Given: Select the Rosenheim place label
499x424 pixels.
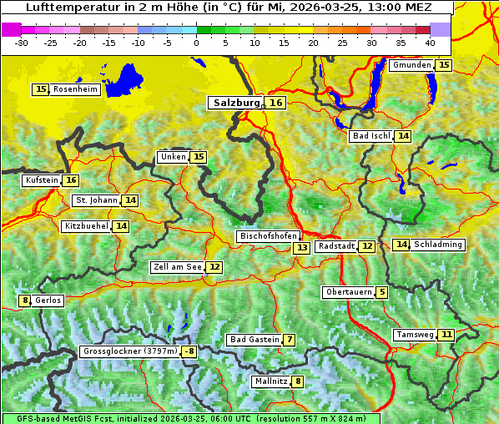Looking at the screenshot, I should click(x=75, y=89).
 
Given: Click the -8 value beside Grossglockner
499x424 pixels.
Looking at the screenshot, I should click(x=189, y=351).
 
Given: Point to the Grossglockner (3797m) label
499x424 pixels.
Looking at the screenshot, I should click(x=130, y=351).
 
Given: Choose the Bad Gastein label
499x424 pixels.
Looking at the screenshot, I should click(x=255, y=340).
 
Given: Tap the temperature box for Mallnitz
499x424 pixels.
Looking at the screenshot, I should click(x=298, y=381).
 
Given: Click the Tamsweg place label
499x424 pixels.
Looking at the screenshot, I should click(x=414, y=335).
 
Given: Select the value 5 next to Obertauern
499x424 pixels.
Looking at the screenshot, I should click(x=381, y=292).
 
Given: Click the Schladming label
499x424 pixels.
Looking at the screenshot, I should click(x=438, y=245).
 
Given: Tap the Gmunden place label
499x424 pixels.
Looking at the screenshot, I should click(x=411, y=65).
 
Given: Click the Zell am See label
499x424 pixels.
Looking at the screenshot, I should click(x=178, y=267).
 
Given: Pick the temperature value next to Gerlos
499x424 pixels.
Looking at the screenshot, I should click(x=25, y=300).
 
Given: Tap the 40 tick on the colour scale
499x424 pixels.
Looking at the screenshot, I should click(x=430, y=42).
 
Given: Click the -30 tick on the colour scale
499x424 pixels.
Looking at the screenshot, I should click(x=22, y=42).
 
